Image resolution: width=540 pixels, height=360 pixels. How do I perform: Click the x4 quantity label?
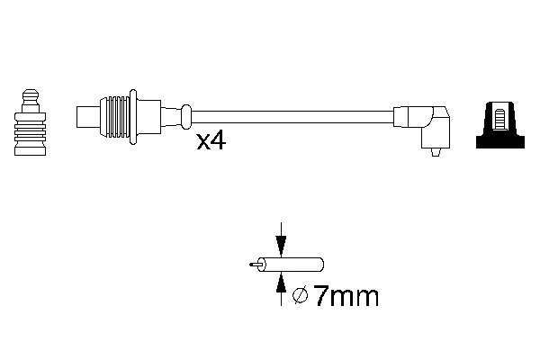click(x=210, y=141)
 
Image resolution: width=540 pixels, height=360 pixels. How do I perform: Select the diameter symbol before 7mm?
click(x=302, y=296)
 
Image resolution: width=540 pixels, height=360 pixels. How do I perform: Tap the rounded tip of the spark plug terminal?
click(x=31, y=93)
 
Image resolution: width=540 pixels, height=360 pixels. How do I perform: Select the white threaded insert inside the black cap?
click(x=499, y=117)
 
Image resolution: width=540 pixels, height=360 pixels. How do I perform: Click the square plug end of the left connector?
click(x=88, y=117)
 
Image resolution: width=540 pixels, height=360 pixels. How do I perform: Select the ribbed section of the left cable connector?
click(x=116, y=116)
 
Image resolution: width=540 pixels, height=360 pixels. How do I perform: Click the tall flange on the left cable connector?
click(x=135, y=117)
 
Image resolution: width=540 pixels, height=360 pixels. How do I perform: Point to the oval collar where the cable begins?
click(x=186, y=116)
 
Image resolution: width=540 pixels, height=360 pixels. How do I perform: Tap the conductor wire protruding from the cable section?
click(x=252, y=265)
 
